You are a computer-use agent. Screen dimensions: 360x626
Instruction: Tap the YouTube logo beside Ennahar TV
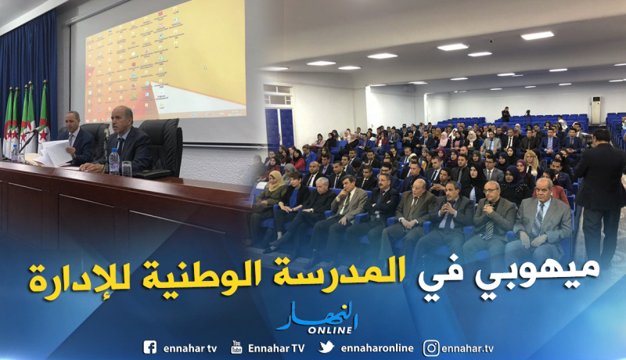pyautogui.click(x=236, y=347)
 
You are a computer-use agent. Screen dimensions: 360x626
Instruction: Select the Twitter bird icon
pyautogui.click(x=326, y=347)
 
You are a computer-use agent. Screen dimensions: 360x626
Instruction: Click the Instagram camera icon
pyautogui.click(x=431, y=347)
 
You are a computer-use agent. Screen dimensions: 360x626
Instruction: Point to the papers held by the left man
pyautogui.click(x=55, y=153)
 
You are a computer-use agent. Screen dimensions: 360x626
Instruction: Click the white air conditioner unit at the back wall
pyautogui.click(x=597, y=110)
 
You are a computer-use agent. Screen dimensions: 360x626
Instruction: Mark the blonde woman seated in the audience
pyautogui.click(x=532, y=165)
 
